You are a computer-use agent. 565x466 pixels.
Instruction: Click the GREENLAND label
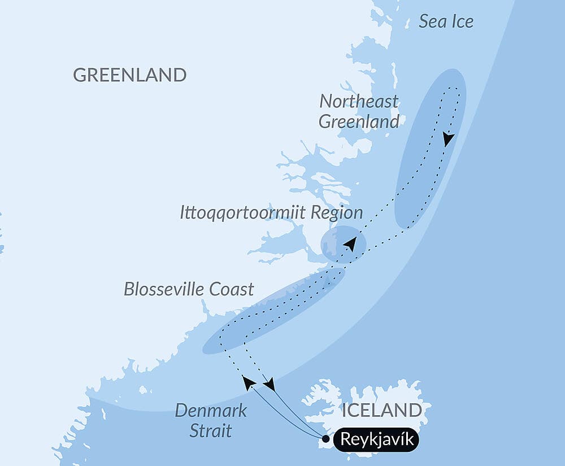[x=130, y=75]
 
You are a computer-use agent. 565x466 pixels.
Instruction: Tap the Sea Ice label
[x=446, y=22]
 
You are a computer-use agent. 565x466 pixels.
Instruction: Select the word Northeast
[x=359, y=102]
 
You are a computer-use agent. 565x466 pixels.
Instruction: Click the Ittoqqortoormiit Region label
[x=271, y=213]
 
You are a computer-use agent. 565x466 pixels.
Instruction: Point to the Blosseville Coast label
[x=189, y=290]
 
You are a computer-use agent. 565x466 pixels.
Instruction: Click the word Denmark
[x=211, y=411]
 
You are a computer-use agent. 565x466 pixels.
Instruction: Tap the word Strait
[x=210, y=431]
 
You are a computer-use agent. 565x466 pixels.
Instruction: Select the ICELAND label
[x=381, y=410]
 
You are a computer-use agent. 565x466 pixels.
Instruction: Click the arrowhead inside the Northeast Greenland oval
[x=448, y=139]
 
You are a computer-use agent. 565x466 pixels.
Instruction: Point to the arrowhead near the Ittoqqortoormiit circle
[x=350, y=245]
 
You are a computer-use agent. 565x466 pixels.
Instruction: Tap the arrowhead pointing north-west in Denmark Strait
[x=247, y=382]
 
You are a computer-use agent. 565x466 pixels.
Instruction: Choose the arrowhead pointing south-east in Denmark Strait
[x=269, y=385]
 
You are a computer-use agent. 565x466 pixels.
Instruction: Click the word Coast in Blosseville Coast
[x=232, y=290]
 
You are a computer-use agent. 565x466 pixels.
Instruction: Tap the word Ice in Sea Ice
[x=461, y=22]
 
